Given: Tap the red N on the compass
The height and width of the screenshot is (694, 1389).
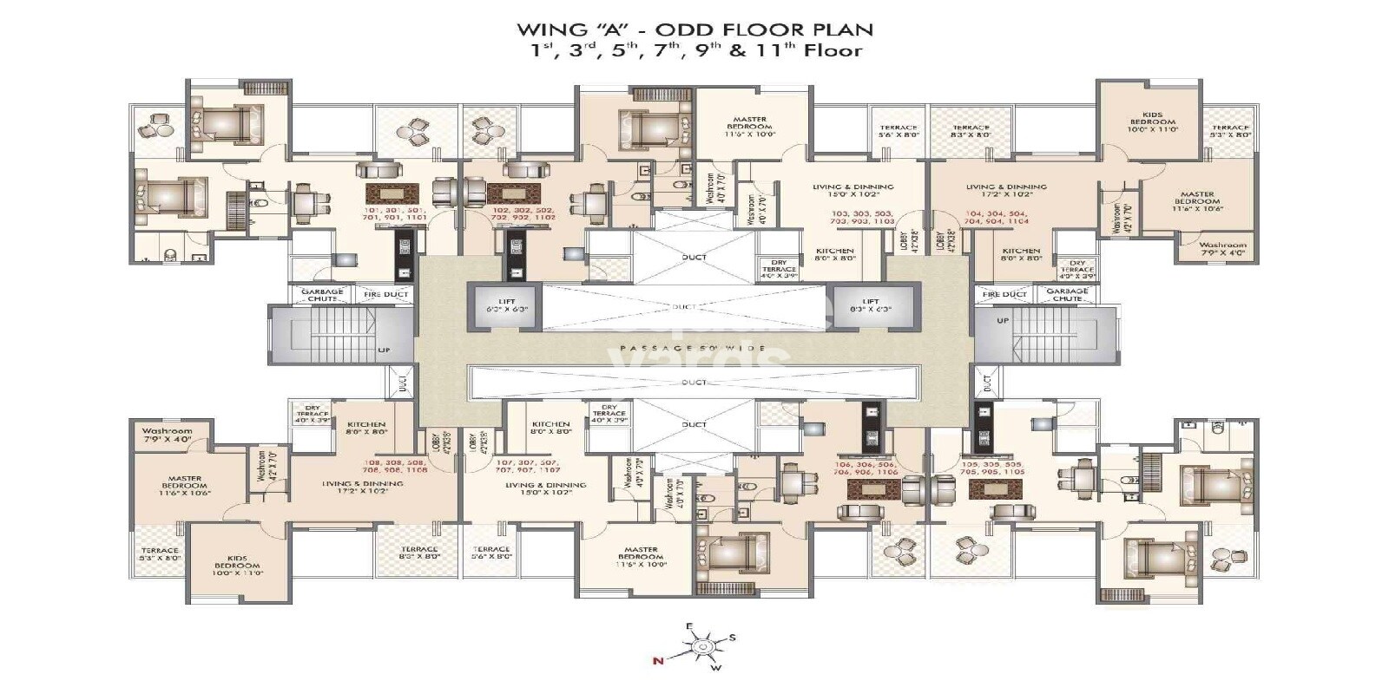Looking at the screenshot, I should click(658, 661).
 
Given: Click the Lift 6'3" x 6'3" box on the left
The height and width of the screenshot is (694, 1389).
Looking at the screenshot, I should click(501, 304).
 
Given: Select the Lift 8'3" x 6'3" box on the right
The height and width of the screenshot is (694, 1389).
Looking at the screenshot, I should click(871, 305).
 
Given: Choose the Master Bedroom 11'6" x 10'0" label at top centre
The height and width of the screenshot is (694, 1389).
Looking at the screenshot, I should click(749, 124).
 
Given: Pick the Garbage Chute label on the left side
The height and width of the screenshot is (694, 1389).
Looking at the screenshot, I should click(322, 295).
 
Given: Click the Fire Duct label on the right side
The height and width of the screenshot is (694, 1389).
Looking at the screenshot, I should click(1004, 295).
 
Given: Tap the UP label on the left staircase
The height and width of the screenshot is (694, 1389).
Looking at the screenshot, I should click(384, 350).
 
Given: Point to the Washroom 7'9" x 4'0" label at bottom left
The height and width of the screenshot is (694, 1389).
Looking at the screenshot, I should click(167, 435).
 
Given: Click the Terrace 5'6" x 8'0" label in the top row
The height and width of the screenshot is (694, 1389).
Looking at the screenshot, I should click(898, 131).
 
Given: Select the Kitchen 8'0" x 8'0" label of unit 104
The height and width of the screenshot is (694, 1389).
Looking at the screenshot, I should click(1021, 254).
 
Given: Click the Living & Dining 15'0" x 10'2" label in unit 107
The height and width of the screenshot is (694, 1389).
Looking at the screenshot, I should click(545, 488).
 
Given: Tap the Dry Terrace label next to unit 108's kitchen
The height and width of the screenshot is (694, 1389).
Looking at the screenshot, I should click(312, 412).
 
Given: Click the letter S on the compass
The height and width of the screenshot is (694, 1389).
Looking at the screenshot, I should click(732, 638).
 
